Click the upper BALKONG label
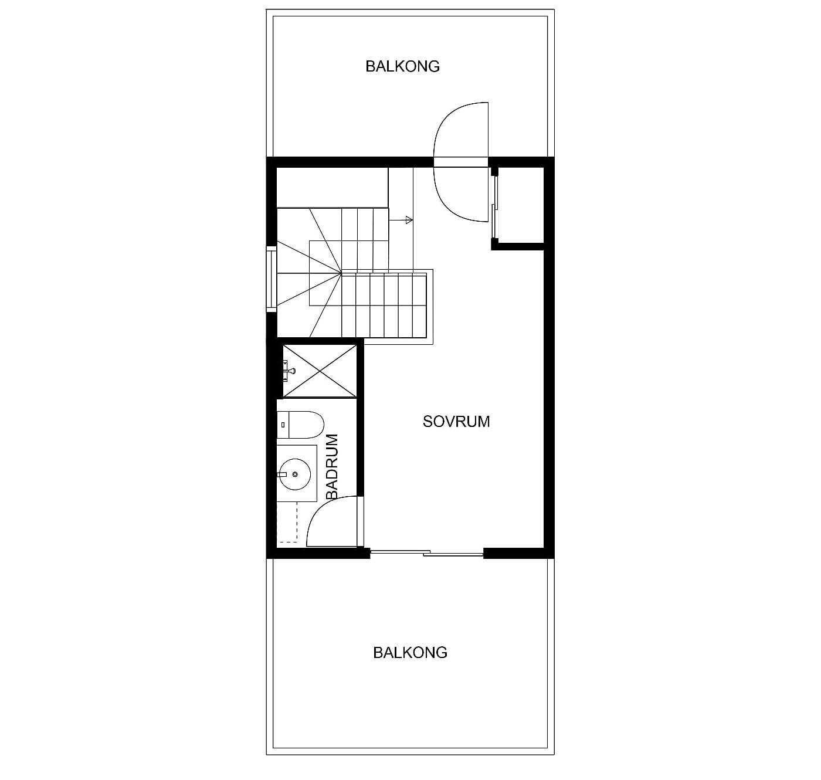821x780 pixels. (402, 66)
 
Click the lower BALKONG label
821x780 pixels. (410, 653)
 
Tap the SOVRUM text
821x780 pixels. (456, 422)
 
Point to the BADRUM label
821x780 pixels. (331, 466)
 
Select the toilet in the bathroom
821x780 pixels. (300, 425)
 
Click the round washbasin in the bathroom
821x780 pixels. (295, 474)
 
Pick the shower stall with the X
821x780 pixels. (320, 371)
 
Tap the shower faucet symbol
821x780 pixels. (289, 371)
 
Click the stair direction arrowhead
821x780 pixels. (409, 220)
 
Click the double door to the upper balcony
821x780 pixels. (461, 162)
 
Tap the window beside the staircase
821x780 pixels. (272, 279)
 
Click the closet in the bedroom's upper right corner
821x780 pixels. (518, 205)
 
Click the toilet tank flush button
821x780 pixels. (283, 425)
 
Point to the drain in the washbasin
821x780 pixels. (295, 474)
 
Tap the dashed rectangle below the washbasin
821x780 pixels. (287, 522)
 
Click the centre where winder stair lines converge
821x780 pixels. (342, 273)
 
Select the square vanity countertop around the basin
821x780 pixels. (297, 473)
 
